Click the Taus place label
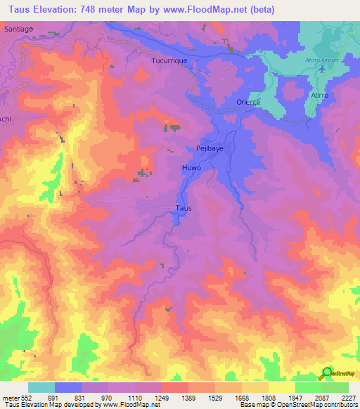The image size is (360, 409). pos(184,208)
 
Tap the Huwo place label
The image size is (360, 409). pos(192,169)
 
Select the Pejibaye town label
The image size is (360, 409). pos(210,148)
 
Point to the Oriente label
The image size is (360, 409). pos(247,102)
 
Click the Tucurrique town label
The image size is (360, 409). pos(169,61)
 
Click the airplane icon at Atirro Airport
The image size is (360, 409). pos(321,70)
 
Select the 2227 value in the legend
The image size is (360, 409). pos(348,397)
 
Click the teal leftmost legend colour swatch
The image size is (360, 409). pos(41,387)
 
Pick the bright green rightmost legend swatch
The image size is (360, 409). pos(335,387)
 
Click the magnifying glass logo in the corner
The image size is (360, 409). pos(326,372)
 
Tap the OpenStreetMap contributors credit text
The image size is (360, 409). pos(316,405)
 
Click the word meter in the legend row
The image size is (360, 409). pos(11,397)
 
